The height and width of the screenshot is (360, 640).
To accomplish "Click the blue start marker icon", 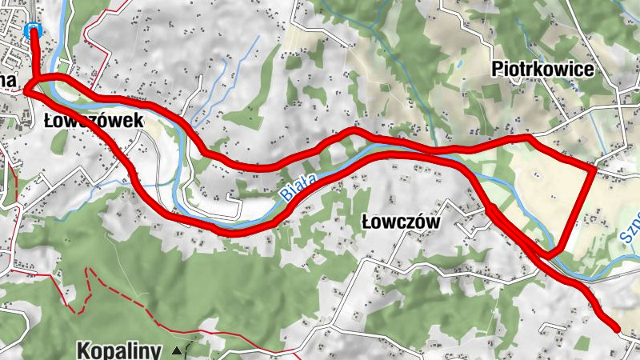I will (33, 30).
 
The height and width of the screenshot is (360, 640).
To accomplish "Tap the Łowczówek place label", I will (94, 120).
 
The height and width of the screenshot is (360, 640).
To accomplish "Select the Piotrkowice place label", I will (542, 70).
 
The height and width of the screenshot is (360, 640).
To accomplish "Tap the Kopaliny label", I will (120, 350).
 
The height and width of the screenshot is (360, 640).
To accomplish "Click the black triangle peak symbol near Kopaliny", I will (176, 350).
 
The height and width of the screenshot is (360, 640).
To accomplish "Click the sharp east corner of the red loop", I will (593, 169).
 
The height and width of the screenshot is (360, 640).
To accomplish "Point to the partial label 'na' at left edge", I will (9, 78).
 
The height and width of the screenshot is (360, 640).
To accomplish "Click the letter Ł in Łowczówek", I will (50, 120).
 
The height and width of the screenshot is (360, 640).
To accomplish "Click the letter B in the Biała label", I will (285, 194).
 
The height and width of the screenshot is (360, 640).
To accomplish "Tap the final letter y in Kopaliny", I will (158, 351).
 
